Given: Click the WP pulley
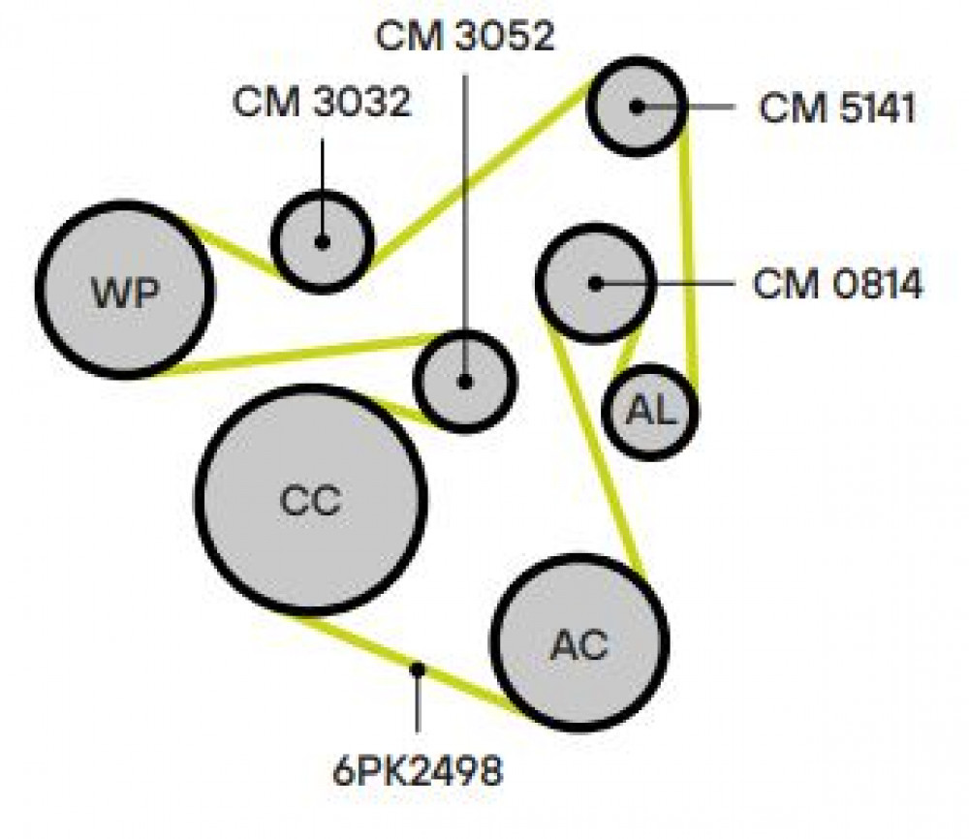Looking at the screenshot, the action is pos(125,290).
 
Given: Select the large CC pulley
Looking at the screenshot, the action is pos(311,501).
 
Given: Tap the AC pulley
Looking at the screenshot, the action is pos(579,643).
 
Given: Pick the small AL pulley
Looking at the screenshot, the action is pos(650,412).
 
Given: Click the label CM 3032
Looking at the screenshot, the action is pos(322,102).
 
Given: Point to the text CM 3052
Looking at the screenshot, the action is pos(465,36).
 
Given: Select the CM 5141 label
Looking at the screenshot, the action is pos(837,109).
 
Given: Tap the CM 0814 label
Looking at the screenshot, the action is pos(837,285).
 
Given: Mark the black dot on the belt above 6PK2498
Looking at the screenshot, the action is pos(418,669).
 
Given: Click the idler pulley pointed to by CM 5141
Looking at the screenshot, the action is pos(637,107).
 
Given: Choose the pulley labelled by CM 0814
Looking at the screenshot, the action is pos(595,284).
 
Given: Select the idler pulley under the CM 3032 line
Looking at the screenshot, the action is pos(322,241).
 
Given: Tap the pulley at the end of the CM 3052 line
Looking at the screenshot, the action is pos(465,381).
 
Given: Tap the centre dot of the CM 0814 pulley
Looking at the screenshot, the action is pos(595,284).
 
